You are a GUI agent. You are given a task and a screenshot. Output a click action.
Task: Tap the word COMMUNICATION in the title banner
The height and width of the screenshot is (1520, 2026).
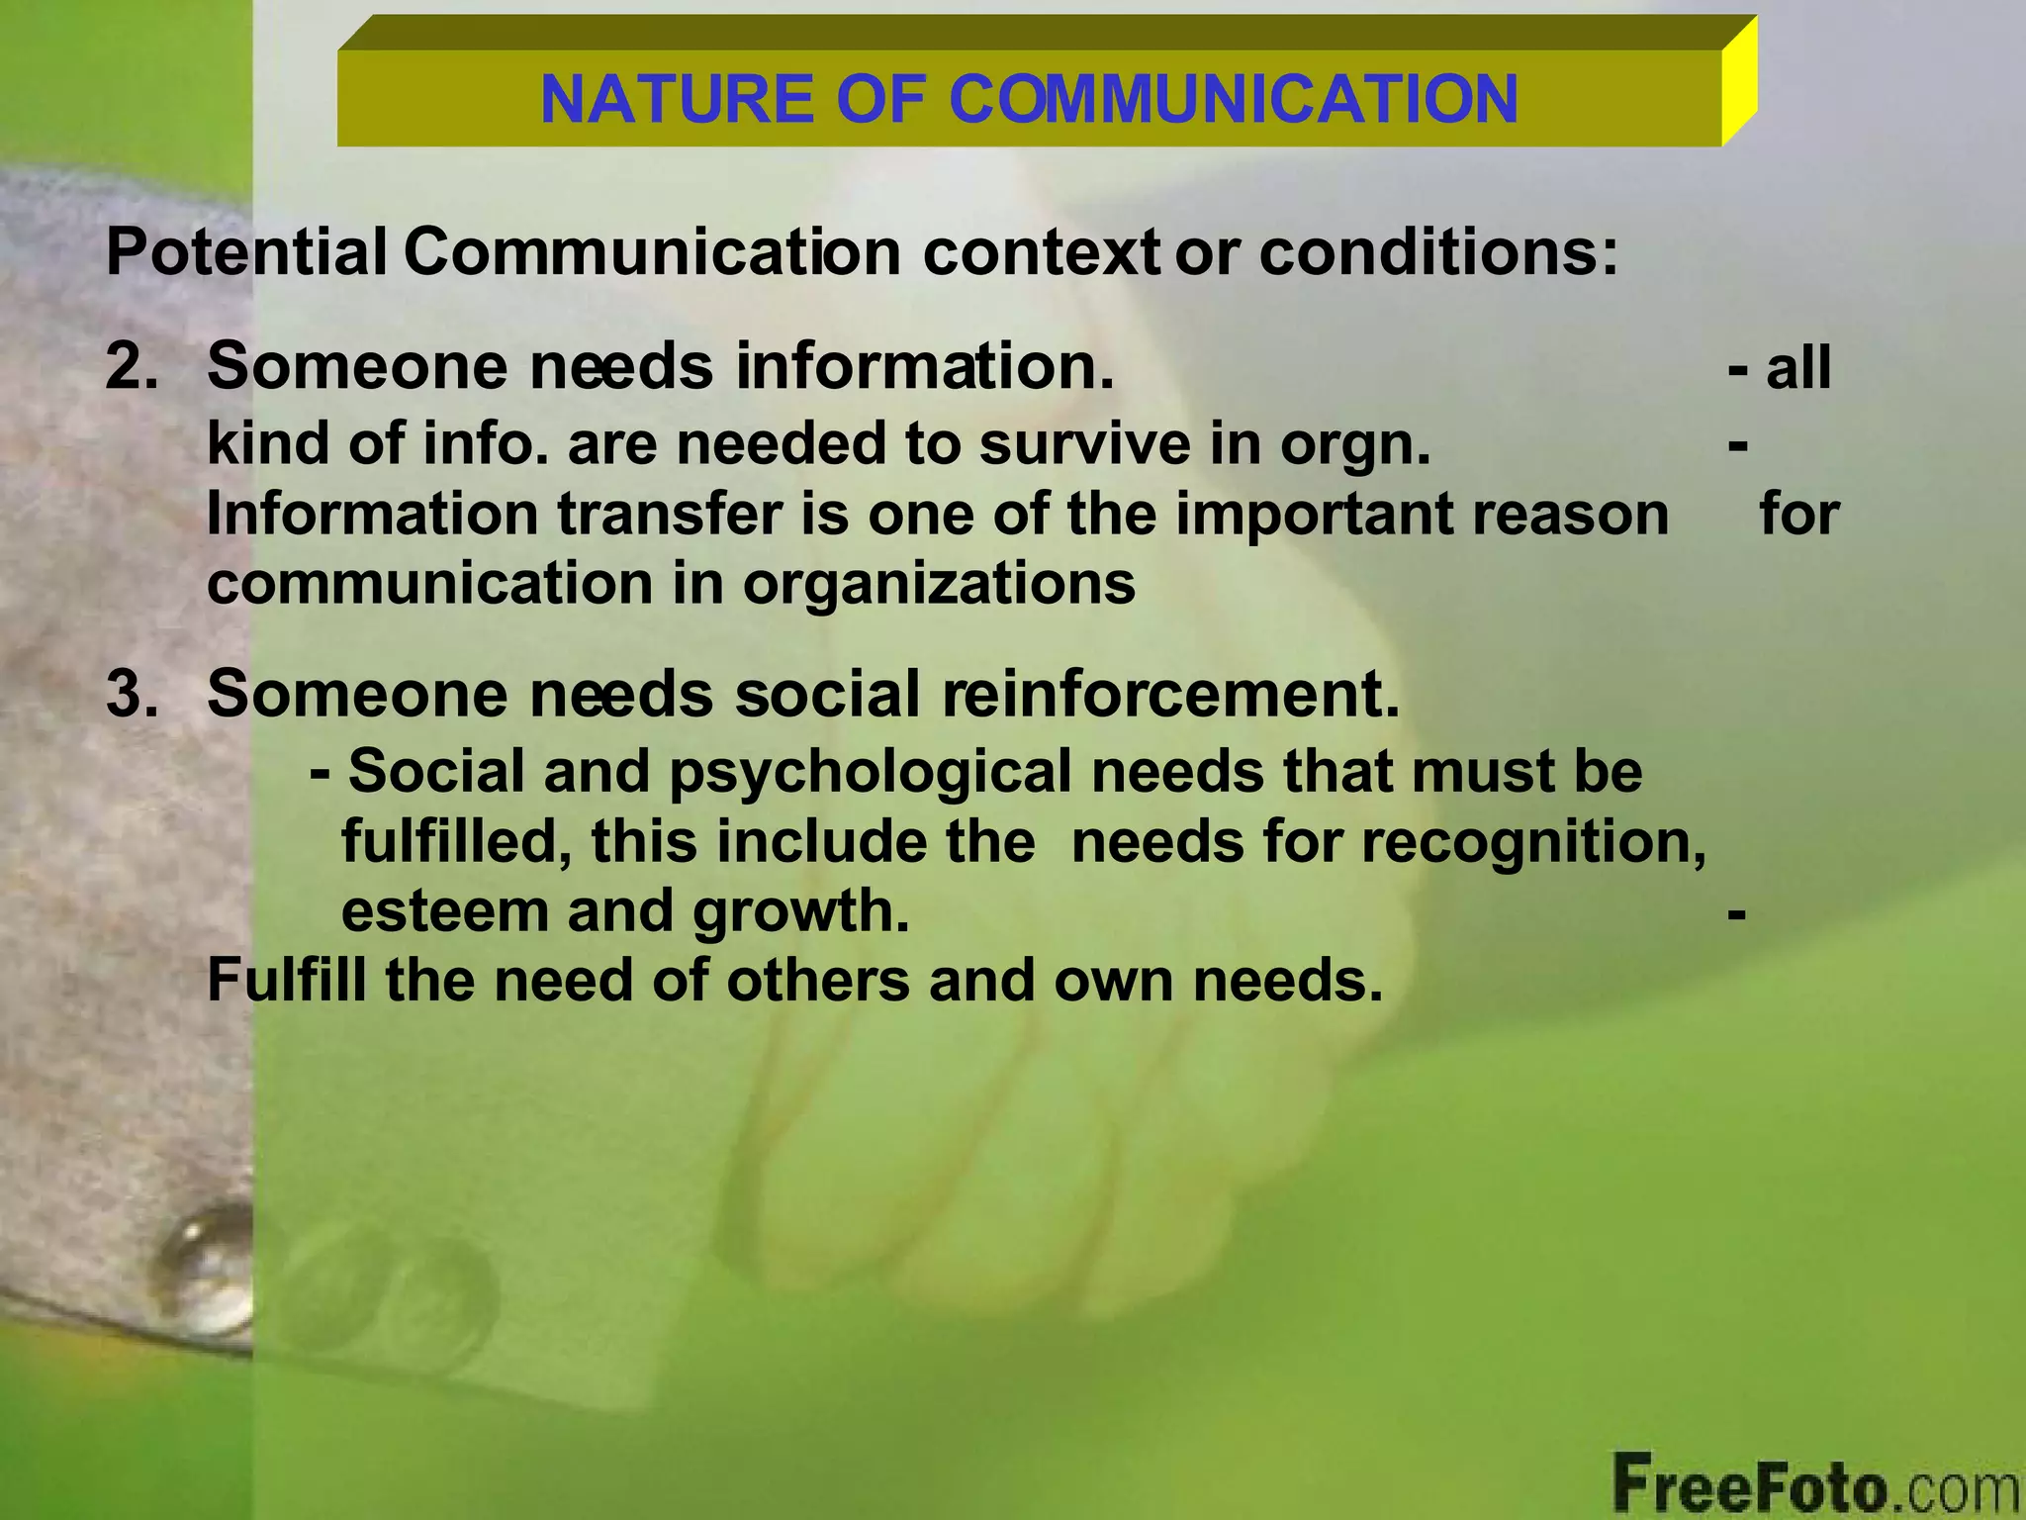coord(1234,99)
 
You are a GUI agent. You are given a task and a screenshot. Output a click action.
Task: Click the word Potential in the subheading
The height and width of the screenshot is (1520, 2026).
coord(246,252)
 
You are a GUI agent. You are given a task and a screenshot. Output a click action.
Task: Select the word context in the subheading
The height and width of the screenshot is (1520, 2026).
coord(1041,252)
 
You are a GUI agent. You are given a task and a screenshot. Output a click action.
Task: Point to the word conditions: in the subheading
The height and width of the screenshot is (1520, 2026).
coord(1438,252)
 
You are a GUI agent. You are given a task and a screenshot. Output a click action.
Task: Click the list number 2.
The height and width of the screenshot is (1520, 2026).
coord(132,366)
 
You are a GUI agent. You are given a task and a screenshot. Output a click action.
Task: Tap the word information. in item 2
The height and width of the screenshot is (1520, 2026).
coord(925,366)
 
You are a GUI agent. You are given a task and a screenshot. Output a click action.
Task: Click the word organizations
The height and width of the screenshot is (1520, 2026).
coord(939,584)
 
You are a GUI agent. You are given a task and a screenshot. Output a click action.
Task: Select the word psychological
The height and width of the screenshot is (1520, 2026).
coord(871,771)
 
